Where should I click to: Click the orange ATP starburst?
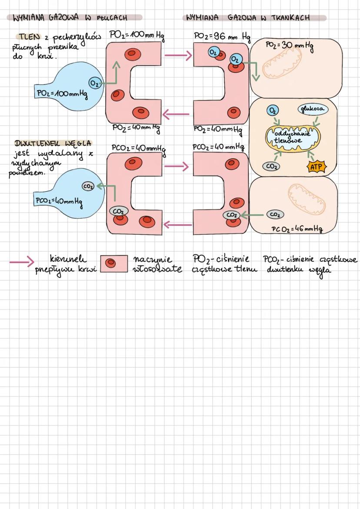click(x=317, y=166)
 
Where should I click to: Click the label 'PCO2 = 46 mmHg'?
click(x=297, y=229)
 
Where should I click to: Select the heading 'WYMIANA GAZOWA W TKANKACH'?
click(x=248, y=18)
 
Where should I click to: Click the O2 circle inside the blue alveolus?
click(x=94, y=83)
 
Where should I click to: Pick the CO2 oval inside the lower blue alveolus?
click(x=88, y=186)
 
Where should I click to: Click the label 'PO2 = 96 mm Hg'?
click(x=222, y=37)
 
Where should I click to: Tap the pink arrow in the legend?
click(x=22, y=262)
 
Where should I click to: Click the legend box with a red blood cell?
click(x=114, y=263)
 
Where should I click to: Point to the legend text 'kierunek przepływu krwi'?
click(x=66, y=265)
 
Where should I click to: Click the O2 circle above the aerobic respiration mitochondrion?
click(x=273, y=110)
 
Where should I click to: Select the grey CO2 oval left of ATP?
click(x=271, y=166)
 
